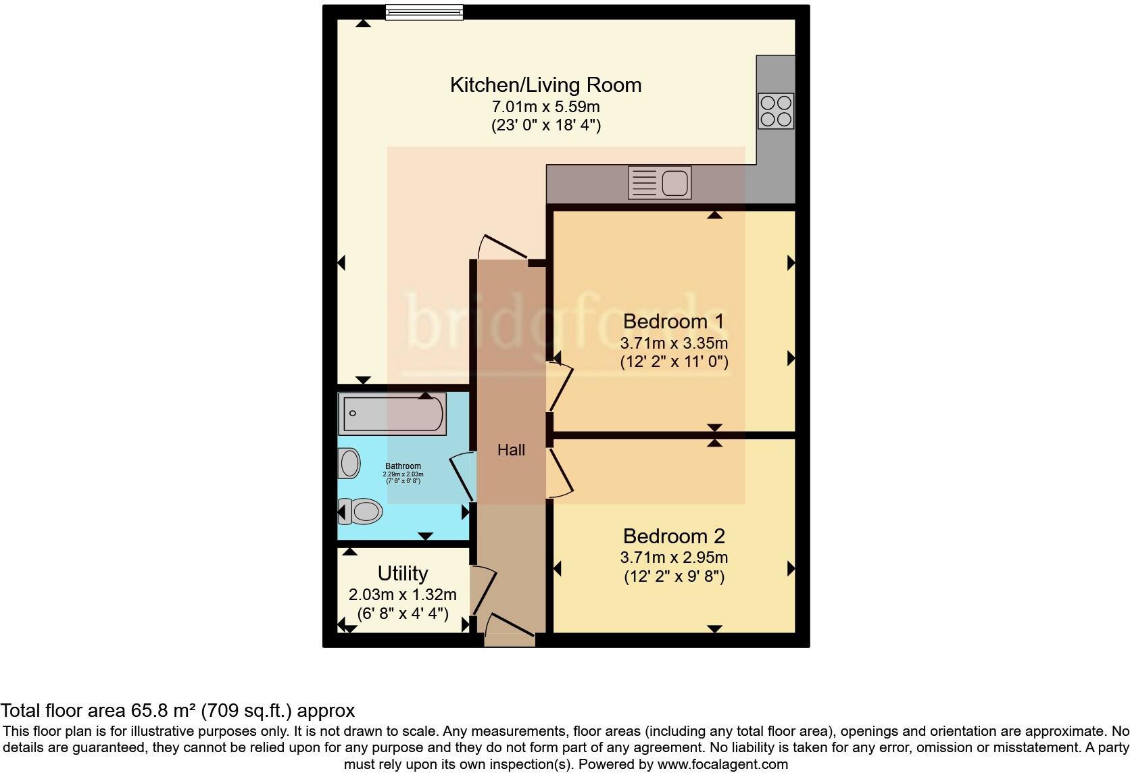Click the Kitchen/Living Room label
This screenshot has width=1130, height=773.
click(x=545, y=85)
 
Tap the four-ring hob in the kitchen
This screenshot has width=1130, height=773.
click(x=775, y=111)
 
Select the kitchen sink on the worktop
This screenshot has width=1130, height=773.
click(x=660, y=182)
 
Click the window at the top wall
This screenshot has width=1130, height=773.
click(x=424, y=11)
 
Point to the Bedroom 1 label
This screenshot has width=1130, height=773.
click(x=673, y=321)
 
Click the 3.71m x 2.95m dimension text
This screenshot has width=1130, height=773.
click(x=674, y=557)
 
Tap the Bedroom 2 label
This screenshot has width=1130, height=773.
click(x=673, y=536)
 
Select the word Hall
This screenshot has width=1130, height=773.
click(x=511, y=450)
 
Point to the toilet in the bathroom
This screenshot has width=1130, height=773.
click(x=361, y=512)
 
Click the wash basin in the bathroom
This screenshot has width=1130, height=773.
click(x=349, y=464)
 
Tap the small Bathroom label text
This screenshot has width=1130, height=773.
click(x=403, y=466)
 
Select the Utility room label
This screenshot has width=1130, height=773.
click(x=403, y=573)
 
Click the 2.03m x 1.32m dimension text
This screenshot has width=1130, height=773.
click(x=403, y=595)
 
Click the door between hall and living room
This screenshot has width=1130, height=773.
click(x=503, y=246)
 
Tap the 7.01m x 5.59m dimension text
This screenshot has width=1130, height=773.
click(x=545, y=107)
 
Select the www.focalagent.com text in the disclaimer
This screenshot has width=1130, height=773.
click(x=722, y=764)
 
